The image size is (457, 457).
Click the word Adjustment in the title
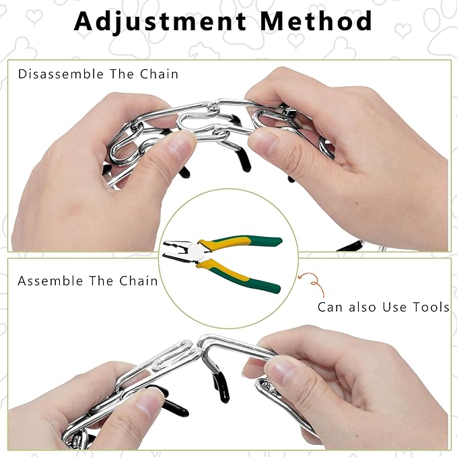point(160,22)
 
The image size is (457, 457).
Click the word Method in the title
point(316,21)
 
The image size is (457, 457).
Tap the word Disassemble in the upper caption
point(61,74)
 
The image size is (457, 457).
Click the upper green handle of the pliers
point(240,242)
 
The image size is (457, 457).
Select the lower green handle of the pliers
point(238,276)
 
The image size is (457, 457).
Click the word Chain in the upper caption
point(159,74)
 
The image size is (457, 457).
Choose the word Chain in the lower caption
point(139,281)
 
